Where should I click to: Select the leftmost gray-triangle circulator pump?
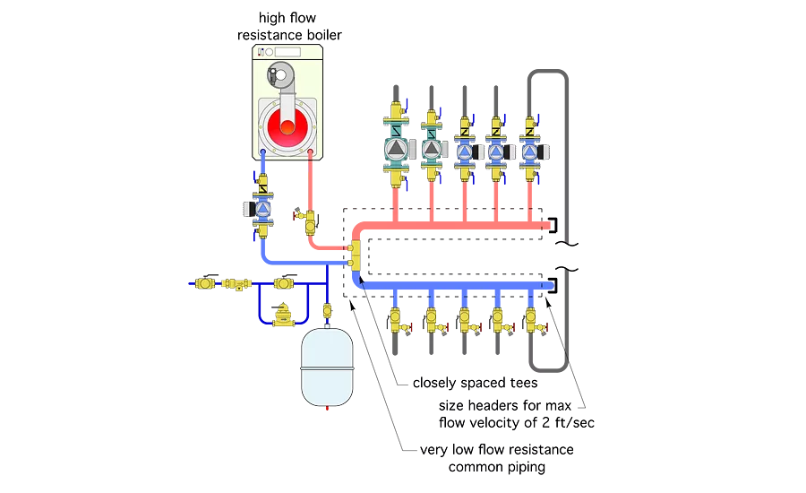click(x=395, y=149)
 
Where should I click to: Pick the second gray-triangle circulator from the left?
click(x=431, y=149)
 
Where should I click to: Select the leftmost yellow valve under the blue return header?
click(x=395, y=319)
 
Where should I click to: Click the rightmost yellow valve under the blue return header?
click(x=531, y=319)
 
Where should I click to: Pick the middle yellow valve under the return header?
click(x=465, y=319)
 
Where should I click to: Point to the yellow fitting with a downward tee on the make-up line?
click(x=237, y=284)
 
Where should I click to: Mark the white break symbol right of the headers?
click(x=566, y=255)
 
